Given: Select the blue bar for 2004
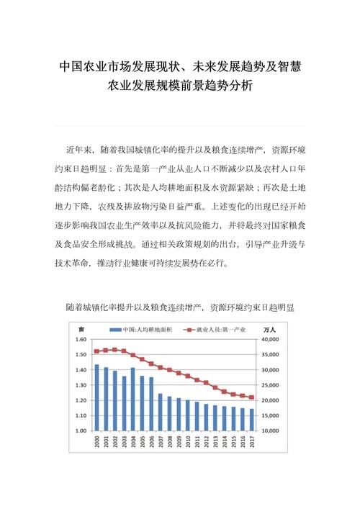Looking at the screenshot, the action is (132, 399).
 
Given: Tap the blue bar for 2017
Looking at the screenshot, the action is (251, 419).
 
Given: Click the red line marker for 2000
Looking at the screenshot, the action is (97, 351).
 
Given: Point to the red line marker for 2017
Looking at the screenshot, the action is (251, 397).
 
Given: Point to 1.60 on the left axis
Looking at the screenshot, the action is (81, 339).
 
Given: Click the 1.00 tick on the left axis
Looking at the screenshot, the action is (81, 431).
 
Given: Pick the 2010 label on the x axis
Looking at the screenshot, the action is (188, 444).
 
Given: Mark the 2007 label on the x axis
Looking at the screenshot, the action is (161, 444).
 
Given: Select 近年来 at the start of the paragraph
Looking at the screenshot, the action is (80, 150).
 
